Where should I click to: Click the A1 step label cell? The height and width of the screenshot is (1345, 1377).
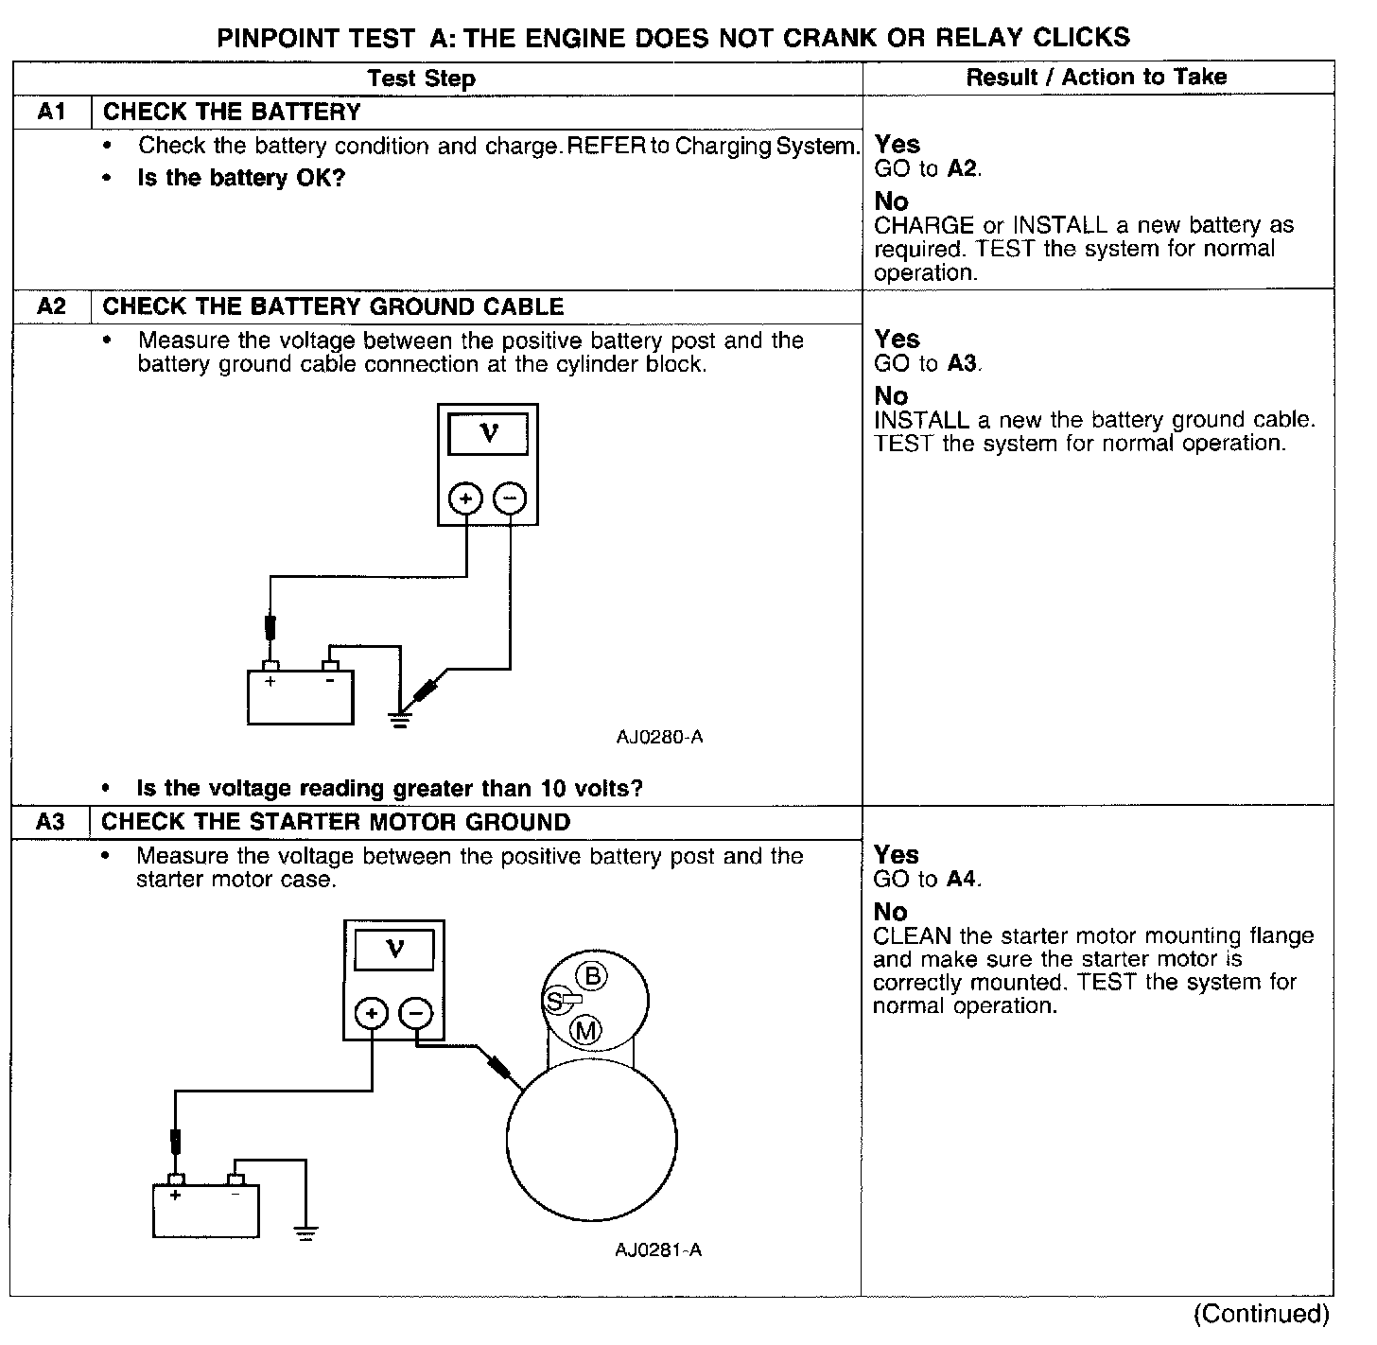(x=51, y=112)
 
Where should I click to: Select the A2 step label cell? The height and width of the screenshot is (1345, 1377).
(x=51, y=306)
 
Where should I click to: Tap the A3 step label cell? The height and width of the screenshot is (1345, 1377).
(x=50, y=822)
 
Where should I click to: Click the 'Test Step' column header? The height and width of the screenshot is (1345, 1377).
(x=421, y=78)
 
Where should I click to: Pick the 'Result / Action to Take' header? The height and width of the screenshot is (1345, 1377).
(x=1096, y=77)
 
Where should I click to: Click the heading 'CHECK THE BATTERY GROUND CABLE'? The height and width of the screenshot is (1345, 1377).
(x=333, y=306)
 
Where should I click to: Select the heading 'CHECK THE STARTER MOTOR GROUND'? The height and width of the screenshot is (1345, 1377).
(x=336, y=822)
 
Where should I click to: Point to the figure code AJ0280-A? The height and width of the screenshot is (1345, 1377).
(x=659, y=737)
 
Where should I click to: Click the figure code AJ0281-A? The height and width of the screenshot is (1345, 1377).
(x=658, y=1249)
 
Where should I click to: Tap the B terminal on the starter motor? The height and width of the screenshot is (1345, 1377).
(x=593, y=975)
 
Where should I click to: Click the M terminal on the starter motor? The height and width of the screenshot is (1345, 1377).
(x=586, y=1030)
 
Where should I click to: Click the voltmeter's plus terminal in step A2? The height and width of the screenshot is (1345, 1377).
(x=465, y=498)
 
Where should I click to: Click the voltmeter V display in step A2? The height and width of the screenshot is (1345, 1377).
(x=488, y=434)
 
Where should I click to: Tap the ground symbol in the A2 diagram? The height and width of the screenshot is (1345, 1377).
(x=401, y=720)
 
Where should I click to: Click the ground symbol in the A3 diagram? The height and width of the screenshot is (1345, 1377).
(x=305, y=1231)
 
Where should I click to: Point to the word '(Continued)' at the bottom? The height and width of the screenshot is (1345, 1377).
(x=1261, y=1313)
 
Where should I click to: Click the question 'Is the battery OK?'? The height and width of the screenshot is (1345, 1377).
(x=241, y=178)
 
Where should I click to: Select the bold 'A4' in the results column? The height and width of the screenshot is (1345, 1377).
(x=961, y=879)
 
